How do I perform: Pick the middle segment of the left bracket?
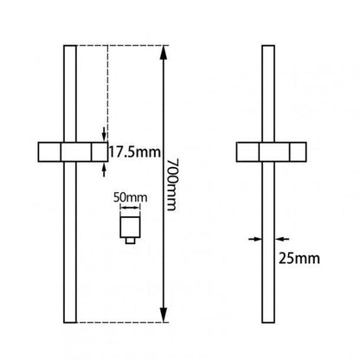point(71,152)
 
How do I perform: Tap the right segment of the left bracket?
point(92,152)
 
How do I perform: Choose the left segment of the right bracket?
point(248,152)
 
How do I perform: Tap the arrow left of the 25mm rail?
point(254,239)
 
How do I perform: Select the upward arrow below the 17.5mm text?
point(105,169)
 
